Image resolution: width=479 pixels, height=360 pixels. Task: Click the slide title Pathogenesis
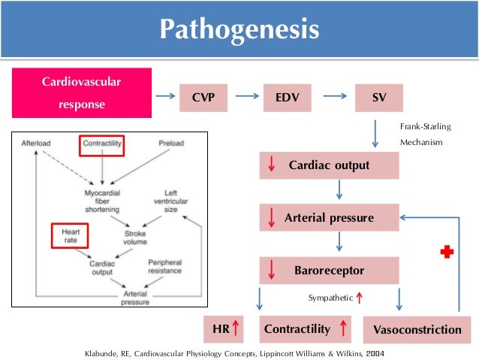click(239, 31)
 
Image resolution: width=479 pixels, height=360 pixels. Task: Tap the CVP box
click(199, 97)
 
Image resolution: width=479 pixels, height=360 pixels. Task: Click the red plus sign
click(447, 253)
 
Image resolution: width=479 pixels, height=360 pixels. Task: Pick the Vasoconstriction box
click(417, 330)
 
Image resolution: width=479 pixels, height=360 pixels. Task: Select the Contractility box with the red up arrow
click(306, 328)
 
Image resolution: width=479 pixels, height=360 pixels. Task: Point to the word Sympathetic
click(330, 298)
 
